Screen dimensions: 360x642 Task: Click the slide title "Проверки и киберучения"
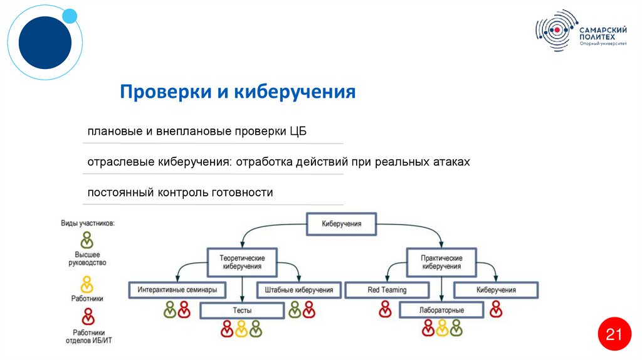click(x=238, y=93)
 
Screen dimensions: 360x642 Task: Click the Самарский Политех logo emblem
click(x=555, y=29)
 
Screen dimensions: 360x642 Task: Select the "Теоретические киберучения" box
click(x=242, y=262)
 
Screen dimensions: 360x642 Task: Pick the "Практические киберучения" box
click(x=442, y=262)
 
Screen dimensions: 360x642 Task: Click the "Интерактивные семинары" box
click(x=177, y=290)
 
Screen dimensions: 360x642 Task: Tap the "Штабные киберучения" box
click(x=298, y=290)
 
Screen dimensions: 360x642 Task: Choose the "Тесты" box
click(x=242, y=310)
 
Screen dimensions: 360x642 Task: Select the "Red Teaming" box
click(x=387, y=290)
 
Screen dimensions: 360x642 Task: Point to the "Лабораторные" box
click(x=441, y=310)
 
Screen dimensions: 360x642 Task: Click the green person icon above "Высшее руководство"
click(x=87, y=240)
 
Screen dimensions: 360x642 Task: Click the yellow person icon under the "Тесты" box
click(x=241, y=328)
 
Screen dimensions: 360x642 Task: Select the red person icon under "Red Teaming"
click(x=386, y=309)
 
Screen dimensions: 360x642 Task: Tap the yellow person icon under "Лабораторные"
click(x=442, y=327)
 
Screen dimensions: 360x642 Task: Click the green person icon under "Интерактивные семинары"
click(x=170, y=309)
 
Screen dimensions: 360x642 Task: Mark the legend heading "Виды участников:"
click(x=88, y=223)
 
